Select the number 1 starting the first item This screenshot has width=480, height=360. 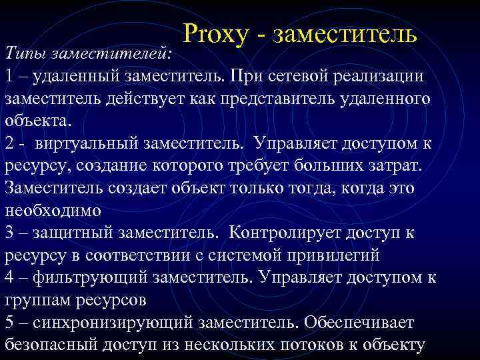(x=9, y=75)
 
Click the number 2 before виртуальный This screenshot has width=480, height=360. (x=9, y=143)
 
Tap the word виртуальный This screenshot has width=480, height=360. (x=85, y=143)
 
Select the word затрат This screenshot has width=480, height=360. (x=403, y=166)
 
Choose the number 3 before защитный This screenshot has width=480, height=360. (x=9, y=233)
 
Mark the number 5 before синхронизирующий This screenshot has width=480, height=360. (x=9, y=323)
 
